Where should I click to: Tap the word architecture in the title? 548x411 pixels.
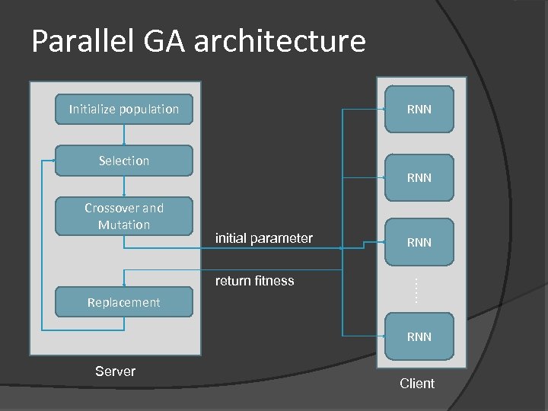tap(279, 41)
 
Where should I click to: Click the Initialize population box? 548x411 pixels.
tap(124, 109)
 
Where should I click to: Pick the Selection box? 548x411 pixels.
tap(124, 161)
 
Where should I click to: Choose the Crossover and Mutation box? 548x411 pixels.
tap(124, 216)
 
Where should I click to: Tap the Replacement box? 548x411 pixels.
tap(123, 302)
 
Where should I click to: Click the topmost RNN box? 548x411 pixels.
tap(419, 110)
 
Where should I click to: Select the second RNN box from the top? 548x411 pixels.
tap(419, 177)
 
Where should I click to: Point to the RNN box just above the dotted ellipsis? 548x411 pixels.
tap(419, 242)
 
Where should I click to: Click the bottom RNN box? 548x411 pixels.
tap(419, 336)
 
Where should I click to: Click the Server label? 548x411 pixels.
tap(115, 371)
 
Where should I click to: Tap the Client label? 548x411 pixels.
tap(417, 384)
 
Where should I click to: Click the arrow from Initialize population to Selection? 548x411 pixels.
tap(124, 133)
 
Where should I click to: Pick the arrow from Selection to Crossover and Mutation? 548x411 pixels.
tap(124, 187)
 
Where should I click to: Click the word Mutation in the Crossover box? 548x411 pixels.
tap(124, 225)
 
